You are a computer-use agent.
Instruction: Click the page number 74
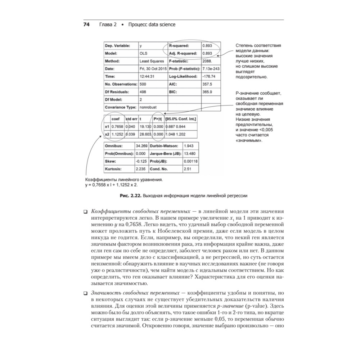(86, 25)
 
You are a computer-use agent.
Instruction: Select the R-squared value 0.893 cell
(207, 46)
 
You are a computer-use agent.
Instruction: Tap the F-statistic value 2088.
(207, 61)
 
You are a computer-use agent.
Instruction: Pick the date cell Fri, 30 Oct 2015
(153, 69)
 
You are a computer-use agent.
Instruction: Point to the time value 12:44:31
(147, 76)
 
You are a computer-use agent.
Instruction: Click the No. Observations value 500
(143, 84)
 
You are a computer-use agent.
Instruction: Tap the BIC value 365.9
(207, 92)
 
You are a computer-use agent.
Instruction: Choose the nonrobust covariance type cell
(148, 107)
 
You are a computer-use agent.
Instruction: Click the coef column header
(116, 119)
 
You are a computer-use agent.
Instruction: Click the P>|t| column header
(158, 119)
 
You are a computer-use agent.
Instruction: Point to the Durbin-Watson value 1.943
(189, 146)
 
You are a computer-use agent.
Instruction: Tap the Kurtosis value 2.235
(140, 168)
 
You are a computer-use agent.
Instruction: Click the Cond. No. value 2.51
(188, 168)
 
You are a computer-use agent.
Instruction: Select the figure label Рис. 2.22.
(130, 196)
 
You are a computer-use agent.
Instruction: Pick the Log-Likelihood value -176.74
(209, 76)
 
